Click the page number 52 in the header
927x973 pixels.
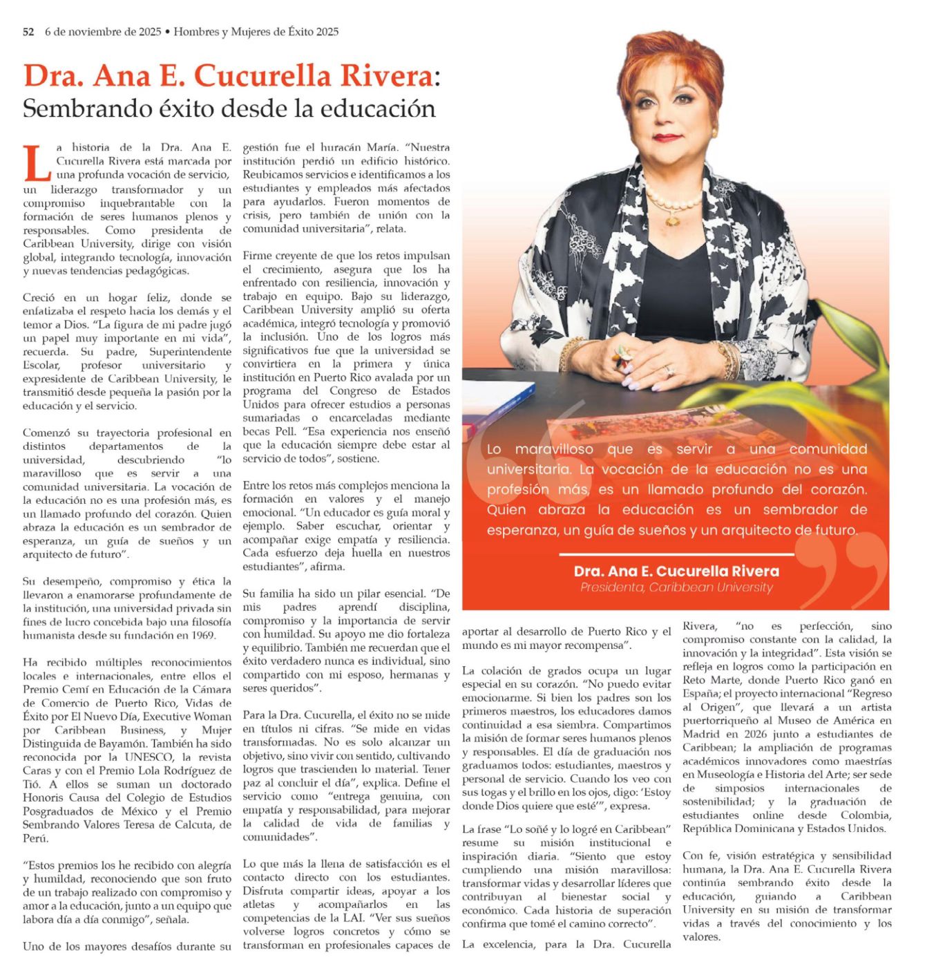28,32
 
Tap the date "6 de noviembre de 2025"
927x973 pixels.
103,32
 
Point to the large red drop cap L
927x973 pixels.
37,162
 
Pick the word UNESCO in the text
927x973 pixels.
157,757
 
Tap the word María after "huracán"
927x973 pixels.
384,147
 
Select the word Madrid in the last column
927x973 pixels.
700,735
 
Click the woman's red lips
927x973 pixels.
667,138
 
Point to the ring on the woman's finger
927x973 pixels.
669,371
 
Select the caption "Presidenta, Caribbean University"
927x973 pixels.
676,588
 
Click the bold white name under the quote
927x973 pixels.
676,571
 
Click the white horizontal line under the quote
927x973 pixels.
676,554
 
